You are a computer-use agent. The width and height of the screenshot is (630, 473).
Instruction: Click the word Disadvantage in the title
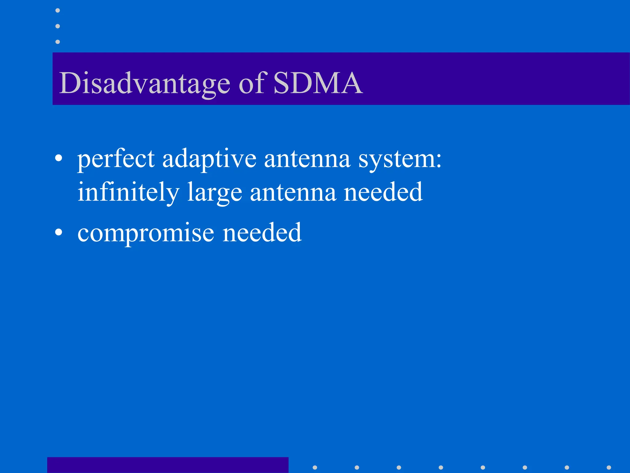click(x=144, y=83)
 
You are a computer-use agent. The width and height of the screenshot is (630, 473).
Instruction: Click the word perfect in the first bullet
click(x=116, y=160)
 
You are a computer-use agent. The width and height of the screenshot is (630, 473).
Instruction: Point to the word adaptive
click(x=209, y=160)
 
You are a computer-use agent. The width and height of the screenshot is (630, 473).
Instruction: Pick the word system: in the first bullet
click(x=400, y=160)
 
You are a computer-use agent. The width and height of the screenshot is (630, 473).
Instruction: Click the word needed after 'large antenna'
click(x=383, y=192)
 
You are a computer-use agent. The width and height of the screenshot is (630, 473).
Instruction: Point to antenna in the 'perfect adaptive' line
click(x=307, y=159)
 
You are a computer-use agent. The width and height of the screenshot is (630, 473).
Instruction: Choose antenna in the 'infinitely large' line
click(x=293, y=193)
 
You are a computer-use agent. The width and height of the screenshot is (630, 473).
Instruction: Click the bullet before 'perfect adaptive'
click(x=58, y=159)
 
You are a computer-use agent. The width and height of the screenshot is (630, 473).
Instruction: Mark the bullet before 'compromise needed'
click(x=58, y=233)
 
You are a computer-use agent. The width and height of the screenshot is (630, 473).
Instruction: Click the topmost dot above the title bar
click(x=58, y=10)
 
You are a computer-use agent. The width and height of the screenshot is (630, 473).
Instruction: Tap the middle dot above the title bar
click(x=58, y=26)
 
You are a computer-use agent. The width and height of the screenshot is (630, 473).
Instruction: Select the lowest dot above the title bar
click(x=58, y=42)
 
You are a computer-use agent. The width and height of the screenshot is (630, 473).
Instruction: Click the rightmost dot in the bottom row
click(x=609, y=467)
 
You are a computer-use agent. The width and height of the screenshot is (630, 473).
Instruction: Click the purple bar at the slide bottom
click(x=168, y=465)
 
